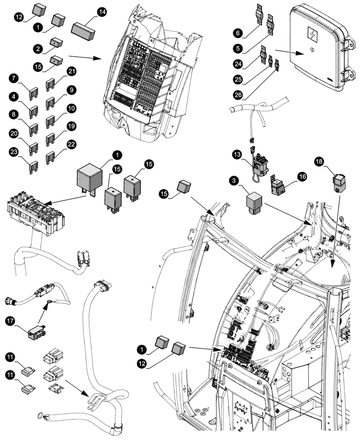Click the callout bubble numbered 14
[102, 13]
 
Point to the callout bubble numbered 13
[236, 155]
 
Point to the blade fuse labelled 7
[33, 93]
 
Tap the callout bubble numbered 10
[72, 108]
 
